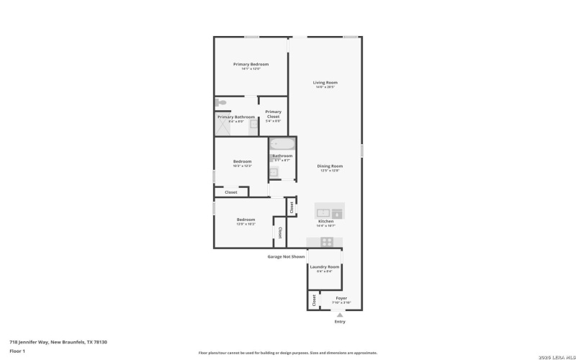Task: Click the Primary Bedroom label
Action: [x=251, y=64]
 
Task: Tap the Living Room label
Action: [x=325, y=83]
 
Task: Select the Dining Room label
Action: [x=330, y=166]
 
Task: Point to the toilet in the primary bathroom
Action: [x=222, y=102]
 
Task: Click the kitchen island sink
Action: [x=323, y=212]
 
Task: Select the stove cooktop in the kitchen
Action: [x=327, y=242]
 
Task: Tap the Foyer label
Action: [x=341, y=298]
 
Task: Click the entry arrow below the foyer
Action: [x=340, y=315]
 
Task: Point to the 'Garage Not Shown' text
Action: [x=286, y=256]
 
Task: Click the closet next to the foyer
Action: [x=313, y=300]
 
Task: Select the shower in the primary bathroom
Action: [x=225, y=127]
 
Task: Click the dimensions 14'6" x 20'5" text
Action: [x=325, y=87]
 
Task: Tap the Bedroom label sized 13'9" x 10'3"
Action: [x=246, y=220]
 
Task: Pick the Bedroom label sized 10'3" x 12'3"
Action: [x=242, y=161]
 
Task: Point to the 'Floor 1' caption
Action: [x=17, y=351]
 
